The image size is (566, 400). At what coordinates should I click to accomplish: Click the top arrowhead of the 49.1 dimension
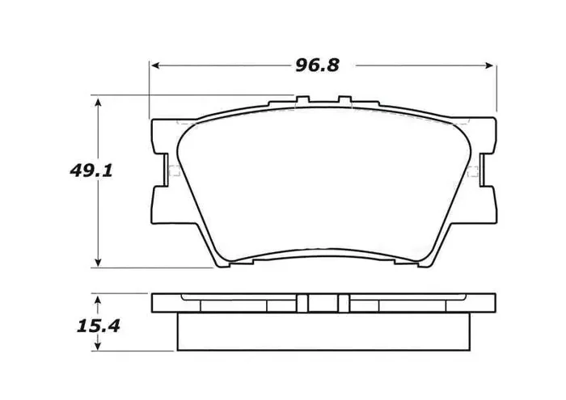click(x=99, y=103)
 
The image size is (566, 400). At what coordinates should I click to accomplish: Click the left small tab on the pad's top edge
click(x=303, y=101)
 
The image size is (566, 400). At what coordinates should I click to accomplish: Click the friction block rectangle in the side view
click(x=322, y=331)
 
